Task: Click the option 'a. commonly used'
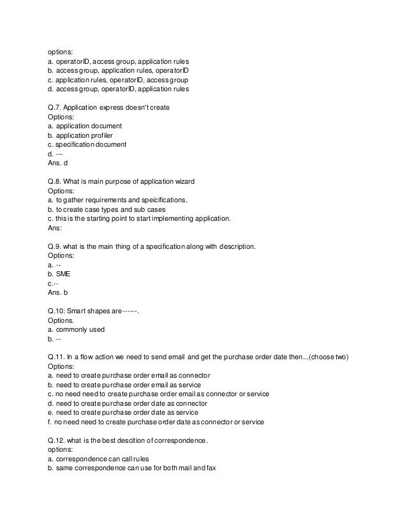point(77,329)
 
